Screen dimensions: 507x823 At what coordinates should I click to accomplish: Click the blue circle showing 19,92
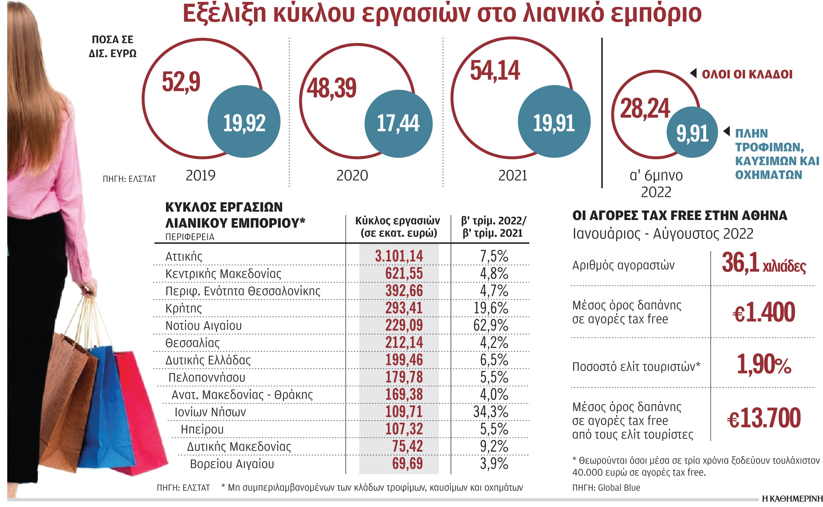click(244, 122)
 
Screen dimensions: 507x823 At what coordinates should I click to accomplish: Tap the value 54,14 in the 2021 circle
click(495, 71)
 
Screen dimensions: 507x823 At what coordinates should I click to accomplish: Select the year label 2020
click(352, 175)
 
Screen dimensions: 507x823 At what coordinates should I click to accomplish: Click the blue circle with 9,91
click(692, 133)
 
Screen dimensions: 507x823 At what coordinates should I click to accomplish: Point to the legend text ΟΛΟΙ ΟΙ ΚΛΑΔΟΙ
click(747, 74)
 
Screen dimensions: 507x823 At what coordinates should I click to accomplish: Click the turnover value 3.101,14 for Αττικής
click(399, 256)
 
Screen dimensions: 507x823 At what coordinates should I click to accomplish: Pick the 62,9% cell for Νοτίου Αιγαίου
click(491, 325)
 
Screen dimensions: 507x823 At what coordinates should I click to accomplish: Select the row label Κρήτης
click(184, 308)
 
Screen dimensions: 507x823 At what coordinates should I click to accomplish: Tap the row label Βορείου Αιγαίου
click(232, 464)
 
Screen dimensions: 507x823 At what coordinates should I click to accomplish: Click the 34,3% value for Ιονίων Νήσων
click(491, 412)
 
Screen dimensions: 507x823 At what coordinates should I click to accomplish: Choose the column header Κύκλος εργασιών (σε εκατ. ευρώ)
click(397, 227)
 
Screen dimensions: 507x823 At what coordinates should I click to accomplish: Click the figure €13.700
click(764, 418)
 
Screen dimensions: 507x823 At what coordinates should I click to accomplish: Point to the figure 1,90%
click(764, 365)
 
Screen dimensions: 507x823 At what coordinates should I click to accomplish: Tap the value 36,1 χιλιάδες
click(764, 264)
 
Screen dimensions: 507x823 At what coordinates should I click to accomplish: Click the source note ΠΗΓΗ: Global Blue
click(606, 488)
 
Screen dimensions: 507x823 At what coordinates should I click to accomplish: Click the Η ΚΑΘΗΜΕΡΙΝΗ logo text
click(792, 499)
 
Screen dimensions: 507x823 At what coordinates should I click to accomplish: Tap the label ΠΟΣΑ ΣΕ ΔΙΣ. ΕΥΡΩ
click(113, 47)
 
